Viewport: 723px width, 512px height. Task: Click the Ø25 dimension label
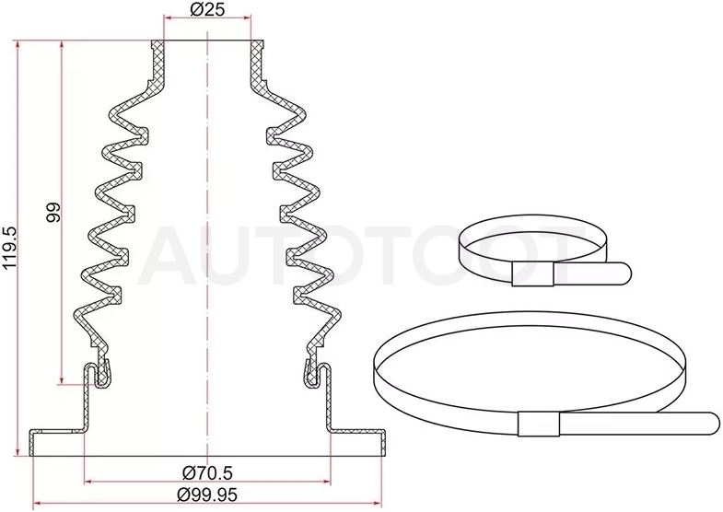tap(206, 8)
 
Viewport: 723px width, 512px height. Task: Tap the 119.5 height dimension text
tap(10, 248)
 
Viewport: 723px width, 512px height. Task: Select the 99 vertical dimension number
tap(54, 212)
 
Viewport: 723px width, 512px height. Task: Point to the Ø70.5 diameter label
tap(207, 471)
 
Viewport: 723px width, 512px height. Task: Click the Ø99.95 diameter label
tap(207, 494)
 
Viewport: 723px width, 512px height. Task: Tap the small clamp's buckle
tap(532, 273)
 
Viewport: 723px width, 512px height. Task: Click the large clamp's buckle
tap(539, 424)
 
